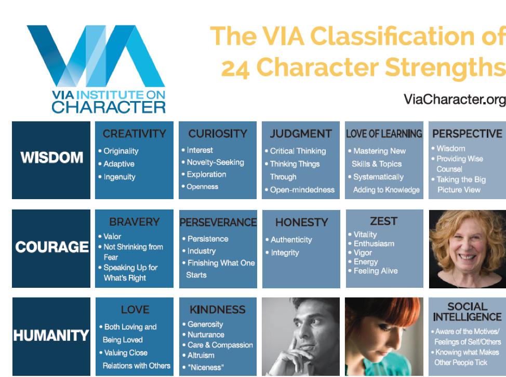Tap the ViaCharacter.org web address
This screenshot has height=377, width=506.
pyautogui.click(x=455, y=100)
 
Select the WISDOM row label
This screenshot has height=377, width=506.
pyautogui.click(x=51, y=158)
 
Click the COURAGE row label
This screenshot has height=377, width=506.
pyautogui.click(x=51, y=247)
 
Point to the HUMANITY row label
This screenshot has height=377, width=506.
pyautogui.click(x=51, y=336)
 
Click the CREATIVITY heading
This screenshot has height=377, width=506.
pyautogui.click(x=134, y=134)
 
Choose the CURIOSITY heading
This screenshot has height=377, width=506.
pyautogui.click(x=218, y=134)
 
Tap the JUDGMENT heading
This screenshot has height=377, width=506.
pyautogui.click(x=301, y=134)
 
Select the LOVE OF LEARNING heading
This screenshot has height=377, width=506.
pyautogui.click(x=384, y=134)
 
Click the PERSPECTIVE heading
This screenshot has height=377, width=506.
pyautogui.click(x=467, y=134)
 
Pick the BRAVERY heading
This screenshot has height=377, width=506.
pyautogui.click(x=134, y=222)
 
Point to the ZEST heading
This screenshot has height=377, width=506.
pyautogui.click(x=384, y=221)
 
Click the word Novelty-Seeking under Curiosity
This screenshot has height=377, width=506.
pyautogui.click(x=215, y=162)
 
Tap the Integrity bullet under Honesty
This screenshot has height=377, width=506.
pyautogui.click(x=285, y=253)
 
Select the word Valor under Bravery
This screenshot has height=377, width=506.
pyautogui.click(x=112, y=236)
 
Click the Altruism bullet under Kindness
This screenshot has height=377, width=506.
pyautogui.click(x=201, y=355)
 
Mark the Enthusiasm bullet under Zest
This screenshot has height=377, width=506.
pyautogui.click(x=374, y=244)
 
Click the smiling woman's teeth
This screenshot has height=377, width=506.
pyautogui.click(x=468, y=257)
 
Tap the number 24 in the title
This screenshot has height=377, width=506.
pyautogui.click(x=235, y=68)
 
